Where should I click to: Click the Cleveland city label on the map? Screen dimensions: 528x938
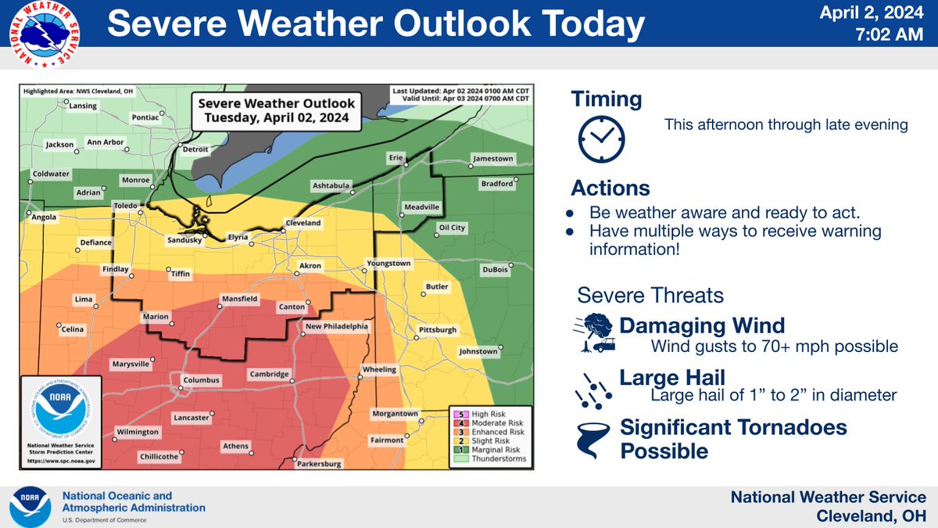click(303, 223)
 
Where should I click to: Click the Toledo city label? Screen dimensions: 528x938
click(125, 206)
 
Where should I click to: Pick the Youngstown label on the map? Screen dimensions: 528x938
click(388, 264)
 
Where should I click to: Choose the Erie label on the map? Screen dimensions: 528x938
click(396, 159)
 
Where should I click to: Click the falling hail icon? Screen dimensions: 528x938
click(593, 388)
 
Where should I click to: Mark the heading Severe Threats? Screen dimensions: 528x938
click(650, 296)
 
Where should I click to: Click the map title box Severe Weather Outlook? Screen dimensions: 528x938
click(276, 111)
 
